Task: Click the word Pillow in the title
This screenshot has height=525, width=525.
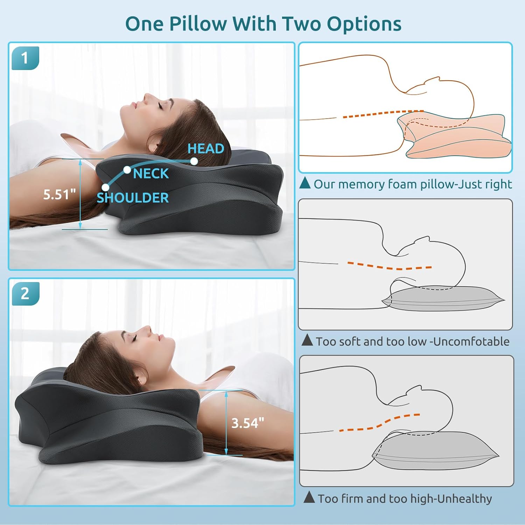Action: click(x=198, y=24)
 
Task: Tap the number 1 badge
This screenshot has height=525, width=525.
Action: click(x=24, y=58)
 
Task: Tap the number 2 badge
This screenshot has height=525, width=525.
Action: click(x=25, y=294)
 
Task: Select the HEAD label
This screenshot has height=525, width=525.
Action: click(x=206, y=149)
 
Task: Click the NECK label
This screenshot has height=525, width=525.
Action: click(x=151, y=174)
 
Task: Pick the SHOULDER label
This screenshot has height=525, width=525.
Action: click(x=133, y=198)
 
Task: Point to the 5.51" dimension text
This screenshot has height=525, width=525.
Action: click(x=59, y=195)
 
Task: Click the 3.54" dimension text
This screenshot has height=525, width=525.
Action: click(x=248, y=423)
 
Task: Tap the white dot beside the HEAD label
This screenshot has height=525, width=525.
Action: click(x=194, y=161)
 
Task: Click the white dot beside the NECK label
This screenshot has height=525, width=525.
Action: click(x=127, y=170)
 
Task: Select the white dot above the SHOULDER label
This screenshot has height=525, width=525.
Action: click(x=105, y=187)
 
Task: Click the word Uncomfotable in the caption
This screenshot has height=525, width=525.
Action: click(x=471, y=341)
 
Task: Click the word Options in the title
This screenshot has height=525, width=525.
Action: click(x=364, y=24)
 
